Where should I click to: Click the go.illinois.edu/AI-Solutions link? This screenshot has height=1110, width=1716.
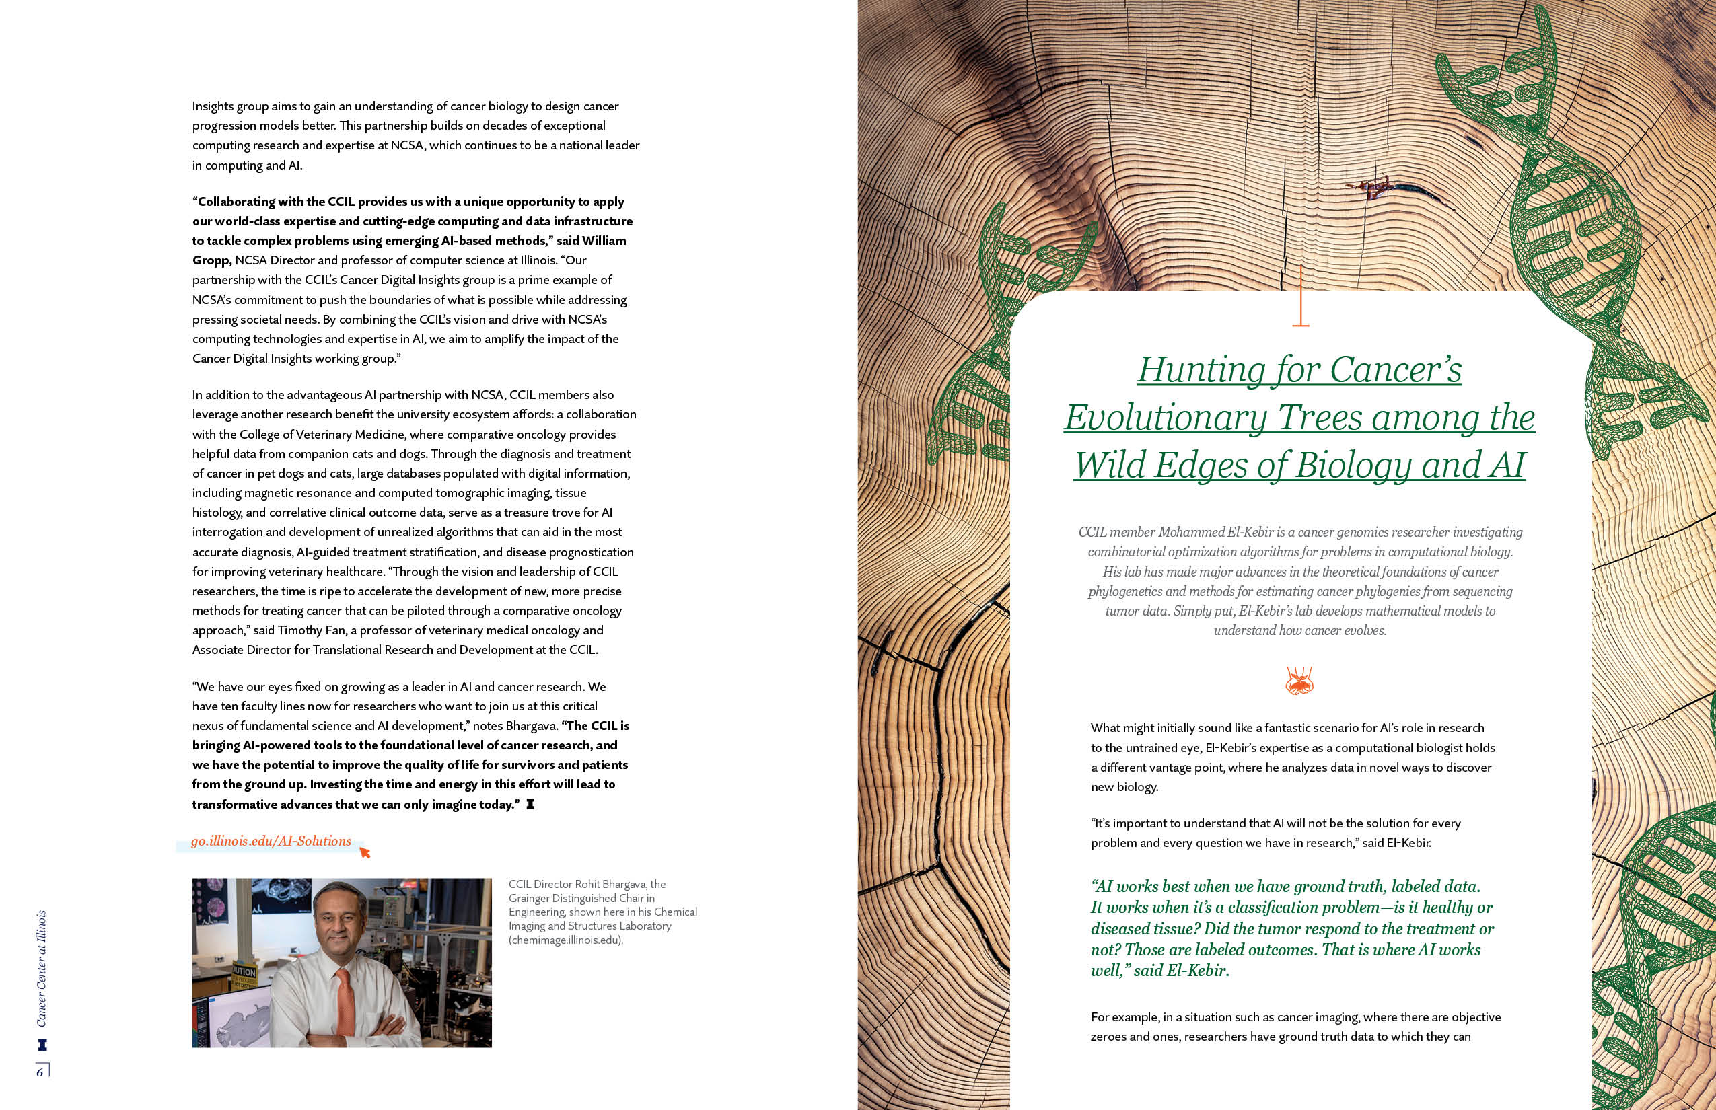[x=271, y=841]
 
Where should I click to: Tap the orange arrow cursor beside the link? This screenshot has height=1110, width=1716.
[x=365, y=854]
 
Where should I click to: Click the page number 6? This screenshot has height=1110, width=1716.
[x=40, y=1072]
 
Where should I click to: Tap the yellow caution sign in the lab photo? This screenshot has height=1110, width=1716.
[x=243, y=975]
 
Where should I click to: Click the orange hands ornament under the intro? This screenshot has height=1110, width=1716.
[x=1299, y=679]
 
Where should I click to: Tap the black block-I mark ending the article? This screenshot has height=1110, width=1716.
[x=531, y=805]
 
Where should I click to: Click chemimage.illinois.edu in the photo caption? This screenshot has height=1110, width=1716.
[x=565, y=940]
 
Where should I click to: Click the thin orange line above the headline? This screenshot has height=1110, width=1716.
[x=1300, y=295]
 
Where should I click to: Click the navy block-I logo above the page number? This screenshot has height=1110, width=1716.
[x=41, y=1043]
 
